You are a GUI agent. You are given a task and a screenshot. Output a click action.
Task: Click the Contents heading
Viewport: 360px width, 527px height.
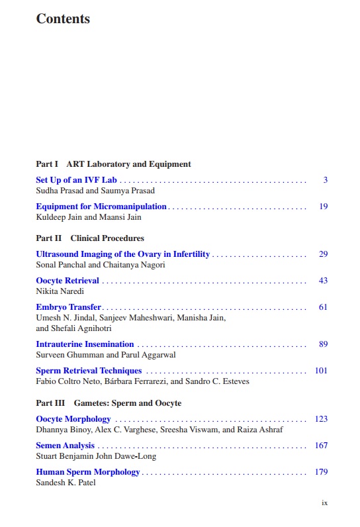[x=63, y=19]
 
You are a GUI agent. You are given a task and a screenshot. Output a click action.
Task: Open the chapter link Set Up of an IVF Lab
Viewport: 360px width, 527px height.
[x=76, y=180]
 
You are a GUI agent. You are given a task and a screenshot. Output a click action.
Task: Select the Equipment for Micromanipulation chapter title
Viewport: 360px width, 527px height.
[x=101, y=207]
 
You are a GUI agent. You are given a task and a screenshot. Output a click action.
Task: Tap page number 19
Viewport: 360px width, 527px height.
[x=323, y=207]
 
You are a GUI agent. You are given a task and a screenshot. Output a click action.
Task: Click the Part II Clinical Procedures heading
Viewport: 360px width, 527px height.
[x=90, y=238]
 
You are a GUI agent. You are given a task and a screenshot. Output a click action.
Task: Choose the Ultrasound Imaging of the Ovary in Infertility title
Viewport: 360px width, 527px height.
[x=122, y=254]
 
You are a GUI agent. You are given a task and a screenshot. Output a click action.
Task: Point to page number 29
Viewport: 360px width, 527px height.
[x=323, y=254]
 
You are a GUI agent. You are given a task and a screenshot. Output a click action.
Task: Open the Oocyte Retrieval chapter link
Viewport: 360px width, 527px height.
[x=67, y=281]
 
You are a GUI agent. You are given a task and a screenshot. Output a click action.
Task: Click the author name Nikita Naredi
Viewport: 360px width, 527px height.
[x=60, y=291]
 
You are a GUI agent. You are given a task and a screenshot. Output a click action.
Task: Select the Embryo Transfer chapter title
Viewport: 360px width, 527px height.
[x=68, y=307]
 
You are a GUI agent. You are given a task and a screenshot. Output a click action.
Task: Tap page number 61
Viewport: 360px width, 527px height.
[x=323, y=307]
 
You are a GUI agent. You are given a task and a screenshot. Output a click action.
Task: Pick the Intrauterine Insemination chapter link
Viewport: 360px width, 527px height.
[x=85, y=344]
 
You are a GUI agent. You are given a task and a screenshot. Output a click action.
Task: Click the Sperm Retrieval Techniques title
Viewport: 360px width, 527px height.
[x=89, y=371]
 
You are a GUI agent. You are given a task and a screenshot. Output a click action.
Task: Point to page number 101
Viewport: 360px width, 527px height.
[x=321, y=371]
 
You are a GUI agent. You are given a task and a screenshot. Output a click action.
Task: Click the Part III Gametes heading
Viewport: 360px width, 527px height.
[x=109, y=403]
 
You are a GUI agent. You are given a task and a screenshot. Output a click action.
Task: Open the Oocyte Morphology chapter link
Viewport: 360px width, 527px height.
[x=73, y=419]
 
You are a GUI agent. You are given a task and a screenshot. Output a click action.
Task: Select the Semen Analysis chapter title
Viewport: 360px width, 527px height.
[x=65, y=446]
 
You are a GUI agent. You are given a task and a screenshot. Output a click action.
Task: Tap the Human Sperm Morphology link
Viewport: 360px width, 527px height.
[x=88, y=472]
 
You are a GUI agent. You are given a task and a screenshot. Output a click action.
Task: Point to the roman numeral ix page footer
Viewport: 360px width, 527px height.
[x=324, y=503]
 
